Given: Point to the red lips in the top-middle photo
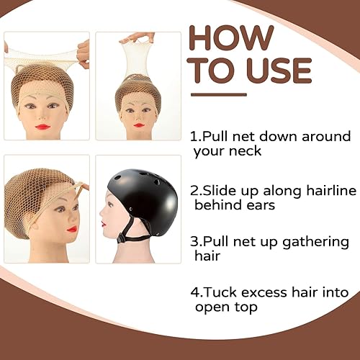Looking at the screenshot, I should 138,125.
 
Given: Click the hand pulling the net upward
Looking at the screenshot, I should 137,36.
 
